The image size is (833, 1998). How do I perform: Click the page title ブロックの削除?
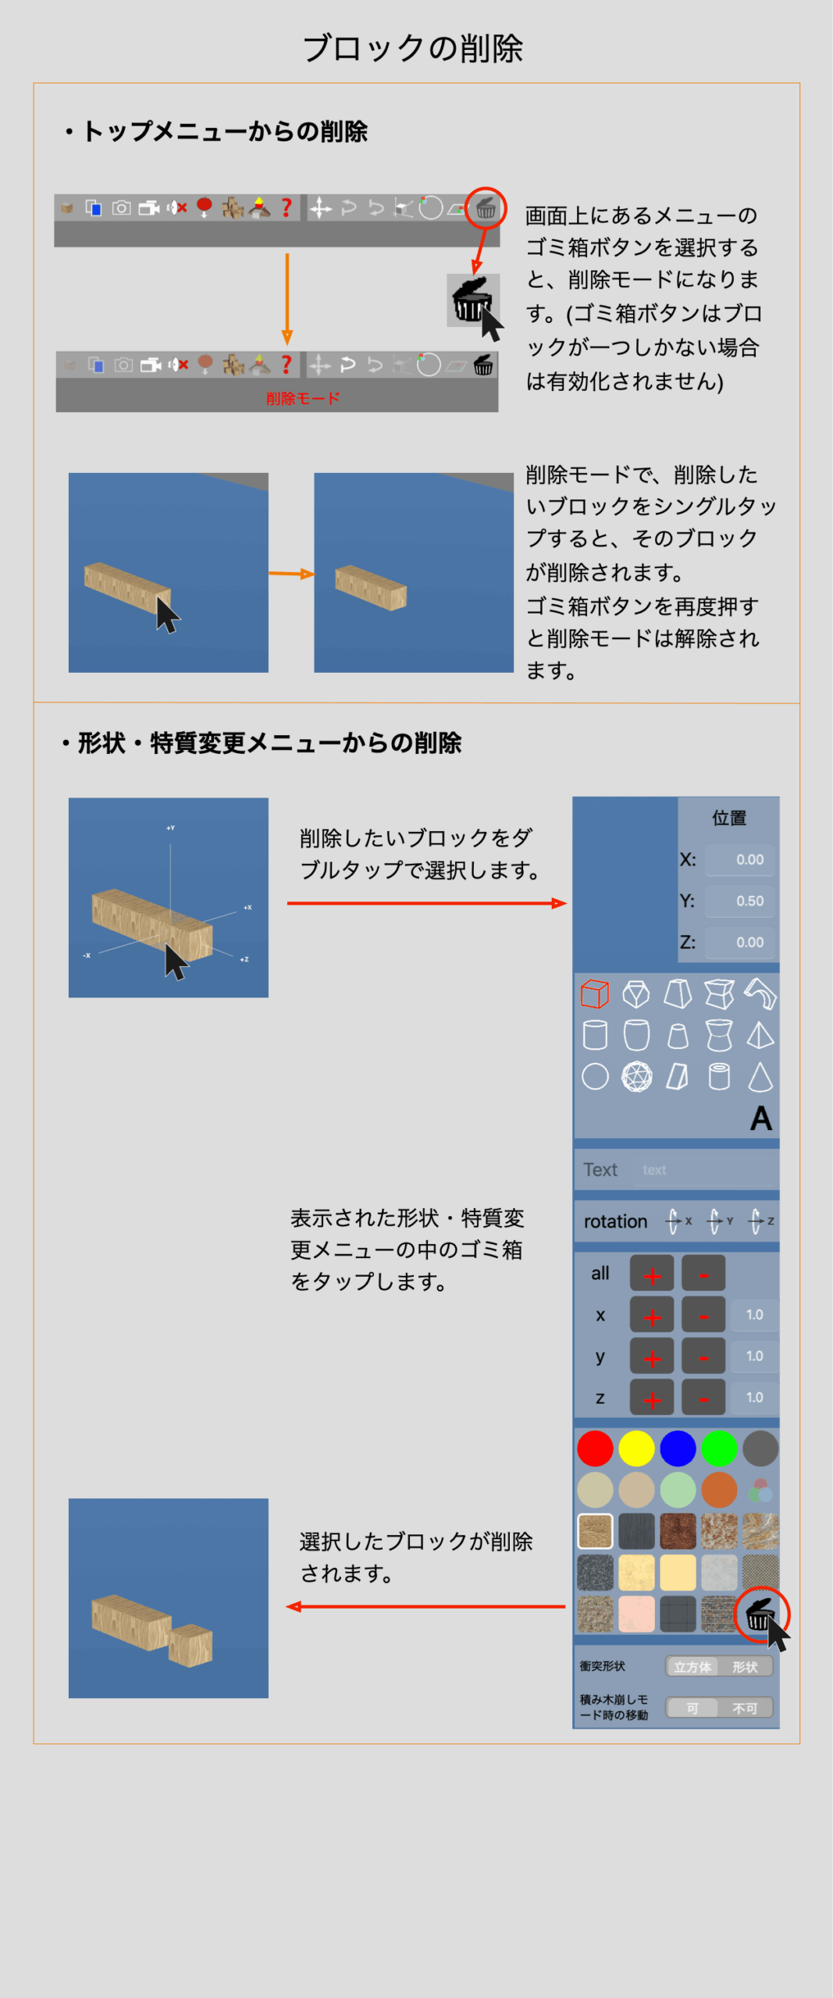pyautogui.click(x=412, y=48)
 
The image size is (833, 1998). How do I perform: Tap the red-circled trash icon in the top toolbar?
pyautogui.click(x=486, y=208)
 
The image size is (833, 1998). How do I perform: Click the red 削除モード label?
pyautogui.click(x=303, y=398)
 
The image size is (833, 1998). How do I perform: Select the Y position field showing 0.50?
pyautogui.click(x=740, y=901)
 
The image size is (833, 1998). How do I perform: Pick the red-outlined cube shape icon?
pyautogui.click(x=595, y=994)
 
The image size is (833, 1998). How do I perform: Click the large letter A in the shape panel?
pyautogui.click(x=761, y=1118)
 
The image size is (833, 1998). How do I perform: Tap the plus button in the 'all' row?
pyautogui.click(x=652, y=1274)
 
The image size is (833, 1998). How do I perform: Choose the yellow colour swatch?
pyautogui.click(x=636, y=1449)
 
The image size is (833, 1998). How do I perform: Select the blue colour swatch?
pyautogui.click(x=678, y=1449)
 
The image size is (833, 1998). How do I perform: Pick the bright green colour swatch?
pyautogui.click(x=719, y=1449)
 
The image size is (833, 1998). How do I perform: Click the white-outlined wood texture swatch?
pyautogui.click(x=595, y=1531)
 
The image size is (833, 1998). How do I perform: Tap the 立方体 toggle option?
pyautogui.click(x=692, y=1666)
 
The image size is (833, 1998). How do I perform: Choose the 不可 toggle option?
pyautogui.click(x=745, y=1708)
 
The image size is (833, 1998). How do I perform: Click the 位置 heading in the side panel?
pyautogui.click(x=729, y=818)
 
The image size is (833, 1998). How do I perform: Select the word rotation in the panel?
pyautogui.click(x=615, y=1221)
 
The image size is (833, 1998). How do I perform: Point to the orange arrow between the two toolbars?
pyautogui.click(x=287, y=298)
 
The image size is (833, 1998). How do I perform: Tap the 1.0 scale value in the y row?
pyautogui.click(x=754, y=1356)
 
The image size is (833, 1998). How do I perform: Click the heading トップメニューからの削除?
pyautogui.click(x=225, y=131)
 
